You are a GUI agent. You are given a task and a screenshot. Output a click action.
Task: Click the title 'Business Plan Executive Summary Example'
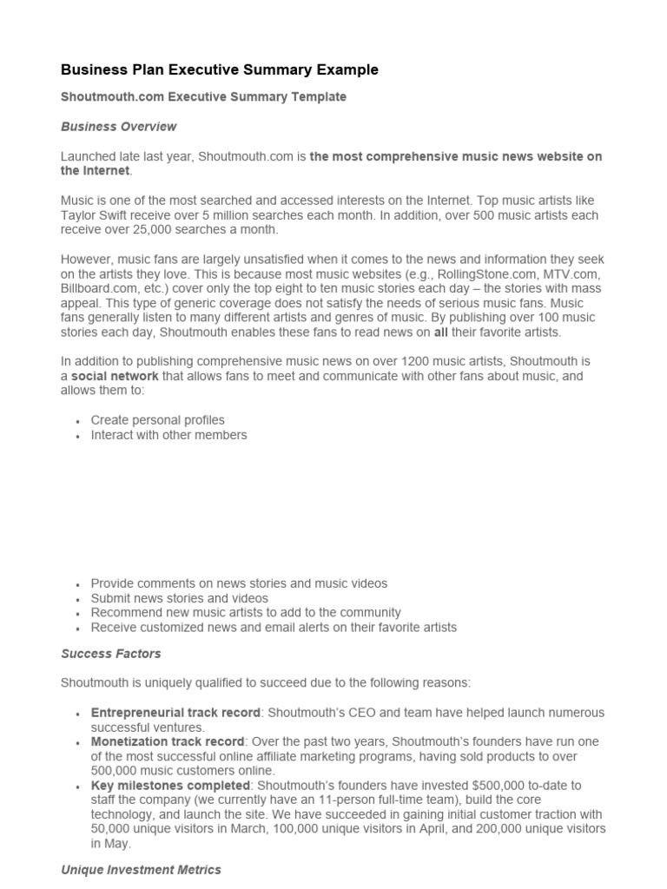[x=220, y=69]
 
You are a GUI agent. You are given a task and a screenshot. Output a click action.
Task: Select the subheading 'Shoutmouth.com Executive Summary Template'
[x=203, y=97]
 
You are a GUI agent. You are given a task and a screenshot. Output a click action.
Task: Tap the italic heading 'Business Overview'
[x=118, y=127]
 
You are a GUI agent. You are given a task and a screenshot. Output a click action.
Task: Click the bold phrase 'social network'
[x=115, y=377]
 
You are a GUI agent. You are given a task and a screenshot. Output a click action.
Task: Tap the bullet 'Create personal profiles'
[x=157, y=420]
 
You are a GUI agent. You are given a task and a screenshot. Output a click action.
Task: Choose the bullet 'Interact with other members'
[x=168, y=435]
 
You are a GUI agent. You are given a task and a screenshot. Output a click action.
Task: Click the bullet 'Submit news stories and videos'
[x=179, y=598]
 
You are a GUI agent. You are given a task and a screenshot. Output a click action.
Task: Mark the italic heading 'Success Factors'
[x=111, y=654]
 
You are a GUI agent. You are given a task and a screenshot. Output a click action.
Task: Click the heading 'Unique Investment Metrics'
[x=141, y=870]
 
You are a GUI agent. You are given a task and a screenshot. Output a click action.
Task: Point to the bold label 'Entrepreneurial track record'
[x=175, y=713]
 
